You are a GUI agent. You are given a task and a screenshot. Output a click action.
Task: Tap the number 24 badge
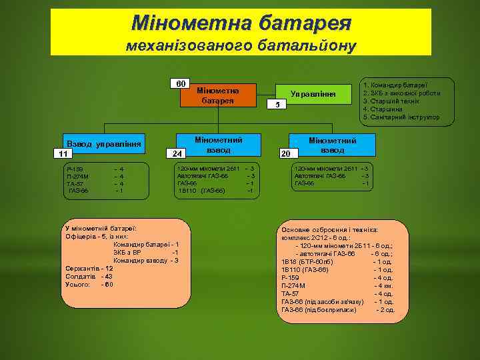coord(177,154)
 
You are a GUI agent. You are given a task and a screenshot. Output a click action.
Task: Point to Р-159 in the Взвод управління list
coord(75,169)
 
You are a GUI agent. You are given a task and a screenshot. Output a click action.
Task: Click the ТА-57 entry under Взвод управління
coord(75,183)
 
